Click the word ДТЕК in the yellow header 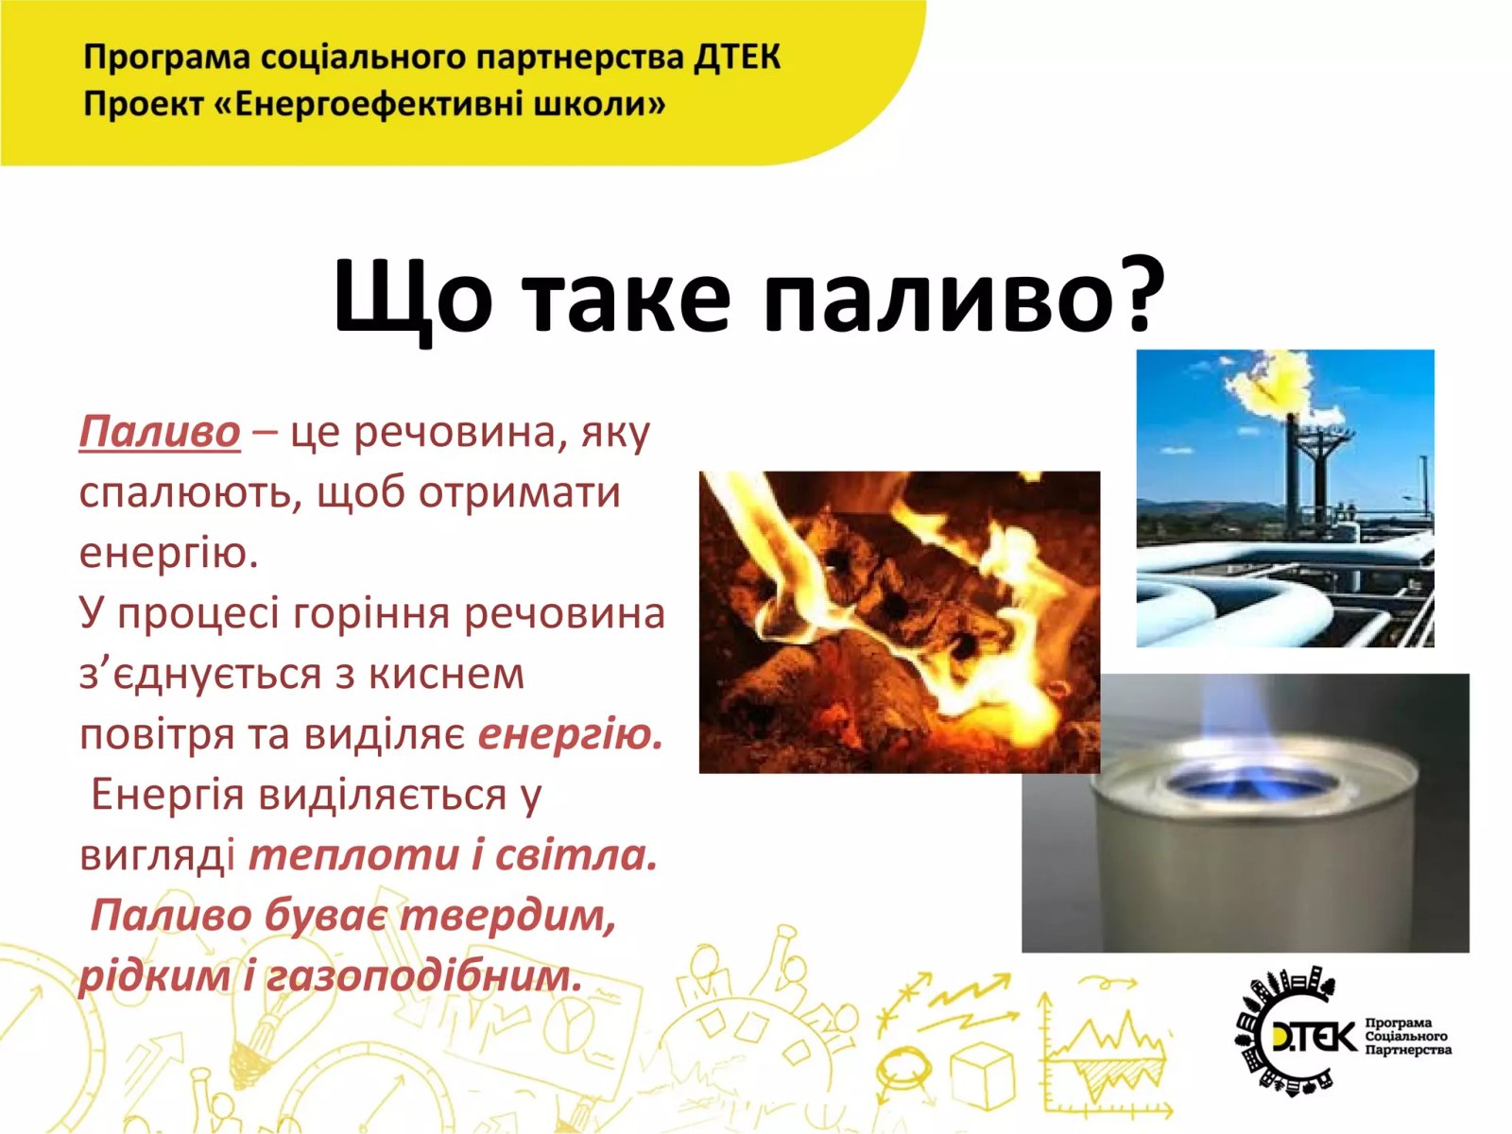(737, 57)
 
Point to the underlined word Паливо (160, 433)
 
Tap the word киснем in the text (446, 674)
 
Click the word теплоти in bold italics (353, 856)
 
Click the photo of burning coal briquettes (899, 622)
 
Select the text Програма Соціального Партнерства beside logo (1408, 1036)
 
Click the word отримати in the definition (520, 493)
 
